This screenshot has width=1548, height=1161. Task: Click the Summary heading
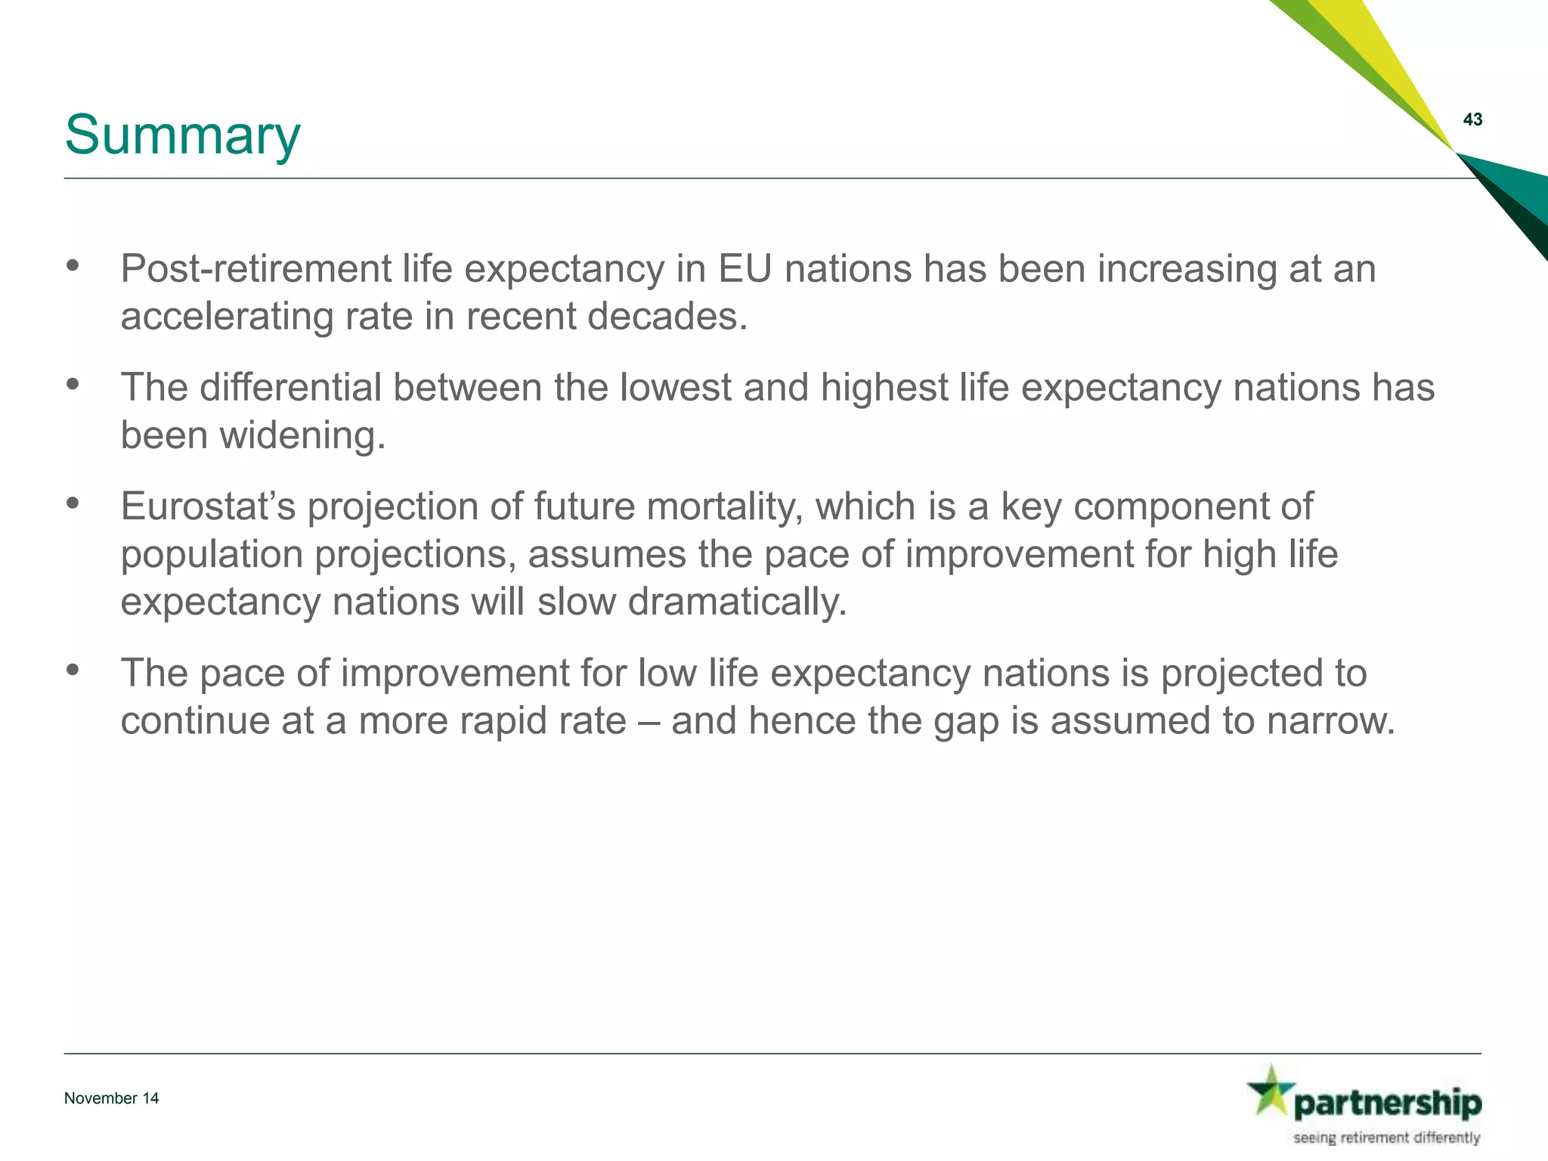(182, 135)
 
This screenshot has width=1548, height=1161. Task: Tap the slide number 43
(1472, 119)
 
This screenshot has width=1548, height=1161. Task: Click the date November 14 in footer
(111, 1098)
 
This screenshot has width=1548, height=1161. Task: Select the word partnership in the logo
(1387, 1104)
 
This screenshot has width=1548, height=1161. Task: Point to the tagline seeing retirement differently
(1386, 1138)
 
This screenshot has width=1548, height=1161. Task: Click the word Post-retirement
(255, 269)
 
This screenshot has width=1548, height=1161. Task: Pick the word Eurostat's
(208, 506)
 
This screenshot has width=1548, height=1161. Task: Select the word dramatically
(737, 602)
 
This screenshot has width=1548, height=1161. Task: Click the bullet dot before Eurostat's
(73, 503)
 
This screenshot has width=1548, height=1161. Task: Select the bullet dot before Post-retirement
(73, 265)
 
